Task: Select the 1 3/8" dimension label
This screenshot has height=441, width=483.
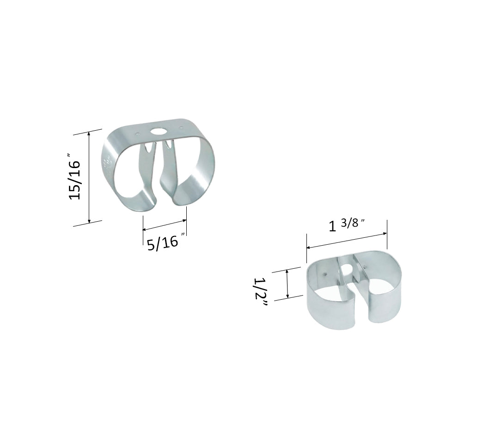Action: tap(346, 226)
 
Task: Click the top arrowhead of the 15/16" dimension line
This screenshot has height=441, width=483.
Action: tap(89, 133)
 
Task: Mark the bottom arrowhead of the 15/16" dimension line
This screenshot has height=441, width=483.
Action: tap(89, 220)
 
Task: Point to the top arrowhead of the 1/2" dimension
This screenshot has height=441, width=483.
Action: tap(287, 272)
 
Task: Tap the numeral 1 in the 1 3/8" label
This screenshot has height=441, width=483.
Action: tap(332, 227)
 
